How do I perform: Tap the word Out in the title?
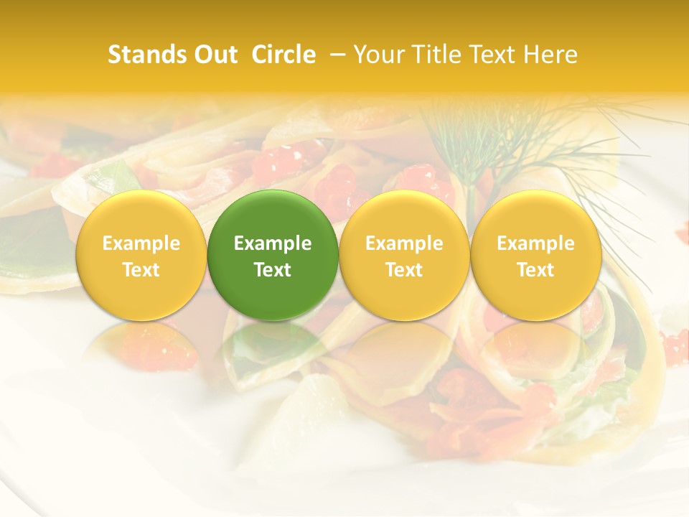coord(213,55)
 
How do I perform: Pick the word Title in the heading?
coord(436,55)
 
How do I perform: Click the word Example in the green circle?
coord(273,243)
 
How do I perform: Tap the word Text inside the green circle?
coord(273,270)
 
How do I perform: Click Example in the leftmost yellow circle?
coord(141,243)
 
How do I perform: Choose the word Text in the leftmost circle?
coord(141,270)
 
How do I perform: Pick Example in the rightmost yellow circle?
coord(536,243)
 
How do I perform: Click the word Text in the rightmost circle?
coord(536,270)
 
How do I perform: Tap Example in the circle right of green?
coord(404,243)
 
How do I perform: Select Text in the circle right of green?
coord(404,270)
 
